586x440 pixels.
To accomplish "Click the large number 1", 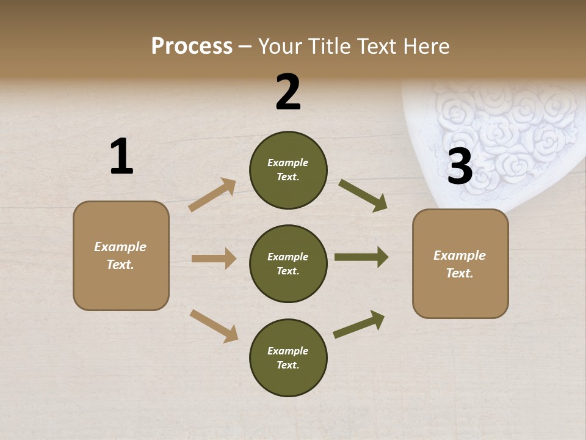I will tap(121, 156).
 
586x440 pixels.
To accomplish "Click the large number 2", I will tap(288, 92).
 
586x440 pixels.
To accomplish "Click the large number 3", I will tap(460, 166).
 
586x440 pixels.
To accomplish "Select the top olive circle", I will tap(288, 170).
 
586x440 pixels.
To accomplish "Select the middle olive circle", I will tap(288, 263).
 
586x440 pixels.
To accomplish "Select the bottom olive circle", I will tap(288, 358).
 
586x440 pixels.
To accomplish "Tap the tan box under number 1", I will tap(121, 255).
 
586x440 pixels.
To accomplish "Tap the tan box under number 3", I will tap(460, 263).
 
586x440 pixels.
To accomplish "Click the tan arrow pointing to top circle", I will tap(212, 195).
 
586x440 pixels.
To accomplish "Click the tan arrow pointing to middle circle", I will tap(214, 258).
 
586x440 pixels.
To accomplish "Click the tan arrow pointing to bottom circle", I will tap(214, 326).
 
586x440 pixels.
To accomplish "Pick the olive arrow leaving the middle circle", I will tap(361, 257).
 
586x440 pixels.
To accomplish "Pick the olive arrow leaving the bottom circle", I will tap(359, 324).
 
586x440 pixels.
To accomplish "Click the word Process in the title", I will tap(192, 46).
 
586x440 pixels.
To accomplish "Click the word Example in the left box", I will tap(120, 247).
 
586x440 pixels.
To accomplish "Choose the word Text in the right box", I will tap(459, 273).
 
